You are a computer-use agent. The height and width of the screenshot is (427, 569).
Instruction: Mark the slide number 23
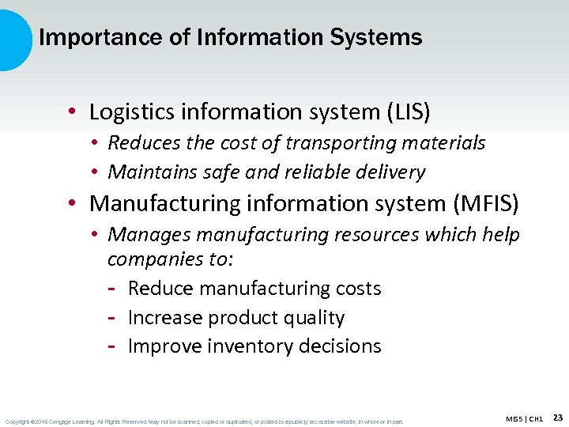tap(558, 418)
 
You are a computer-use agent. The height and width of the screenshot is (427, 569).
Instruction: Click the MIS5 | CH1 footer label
tap(524, 418)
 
